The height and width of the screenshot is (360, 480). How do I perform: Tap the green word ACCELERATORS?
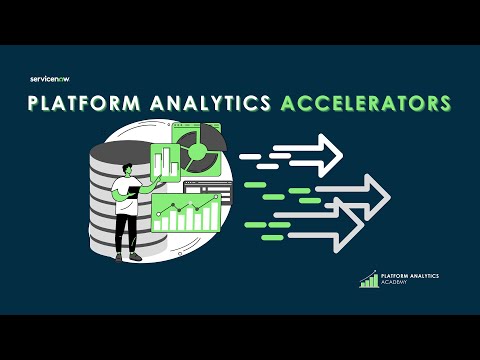pyautogui.click(x=364, y=104)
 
